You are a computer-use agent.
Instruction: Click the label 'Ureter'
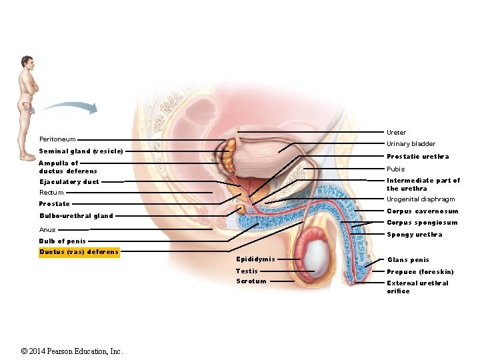[396, 133]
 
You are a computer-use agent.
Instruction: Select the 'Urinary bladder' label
[411, 144]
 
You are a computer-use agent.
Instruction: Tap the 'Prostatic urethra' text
[417, 157]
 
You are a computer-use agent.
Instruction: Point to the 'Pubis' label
[396, 169]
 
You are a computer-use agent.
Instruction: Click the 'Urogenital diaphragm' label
[421, 199]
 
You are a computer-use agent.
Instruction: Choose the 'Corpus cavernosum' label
[423, 211]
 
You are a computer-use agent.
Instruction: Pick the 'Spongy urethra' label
[414, 235]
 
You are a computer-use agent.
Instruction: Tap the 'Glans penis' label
[408, 260]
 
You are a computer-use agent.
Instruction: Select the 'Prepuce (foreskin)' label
[420, 272]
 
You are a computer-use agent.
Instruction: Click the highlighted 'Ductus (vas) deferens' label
[79, 252]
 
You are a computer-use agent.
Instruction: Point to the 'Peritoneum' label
[57, 139]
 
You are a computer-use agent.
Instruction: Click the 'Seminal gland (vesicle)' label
[81, 151]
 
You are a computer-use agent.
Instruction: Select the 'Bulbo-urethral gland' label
[76, 216]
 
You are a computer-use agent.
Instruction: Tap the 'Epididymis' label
[255, 259]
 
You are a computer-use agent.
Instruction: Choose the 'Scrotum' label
[251, 281]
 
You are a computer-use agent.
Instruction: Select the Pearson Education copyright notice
[72, 351]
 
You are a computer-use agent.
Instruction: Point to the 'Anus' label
[47, 230]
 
